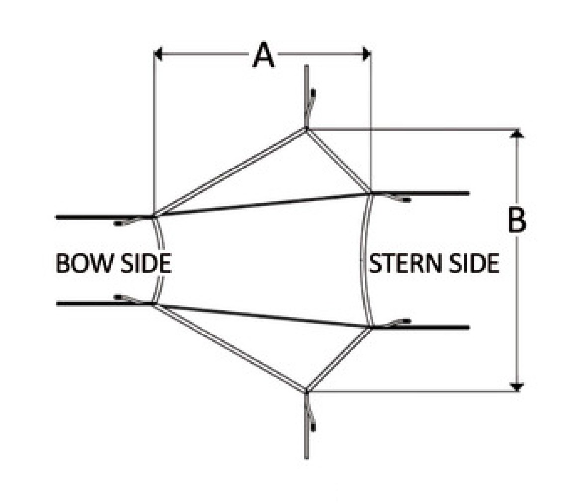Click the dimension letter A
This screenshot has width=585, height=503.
click(x=264, y=55)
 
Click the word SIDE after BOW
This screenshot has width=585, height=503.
click(x=144, y=263)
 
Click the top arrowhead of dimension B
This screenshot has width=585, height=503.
click(x=517, y=134)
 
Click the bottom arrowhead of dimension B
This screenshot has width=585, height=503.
click(x=517, y=387)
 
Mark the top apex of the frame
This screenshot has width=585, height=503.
click(x=306, y=129)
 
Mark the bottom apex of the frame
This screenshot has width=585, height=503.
click(x=306, y=391)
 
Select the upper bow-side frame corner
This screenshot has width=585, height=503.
click(x=154, y=216)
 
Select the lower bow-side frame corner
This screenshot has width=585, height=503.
click(x=154, y=304)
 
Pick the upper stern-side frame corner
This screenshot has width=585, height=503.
click(x=370, y=193)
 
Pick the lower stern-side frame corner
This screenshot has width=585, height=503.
click(x=370, y=328)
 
